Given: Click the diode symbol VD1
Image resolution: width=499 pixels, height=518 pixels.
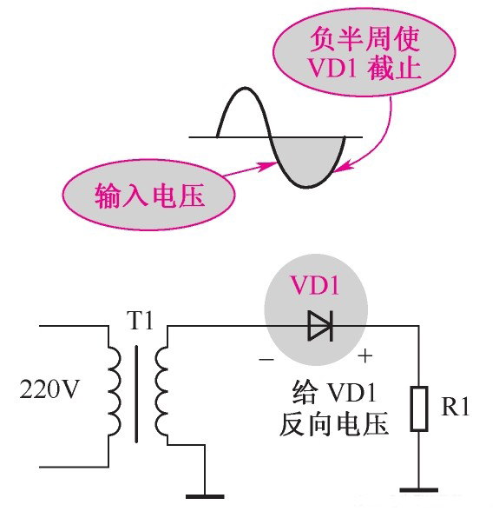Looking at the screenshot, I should [x=319, y=327].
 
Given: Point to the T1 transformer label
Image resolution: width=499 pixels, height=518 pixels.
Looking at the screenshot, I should [x=139, y=321].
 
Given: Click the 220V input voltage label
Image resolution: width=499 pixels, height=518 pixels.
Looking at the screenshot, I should [x=49, y=388].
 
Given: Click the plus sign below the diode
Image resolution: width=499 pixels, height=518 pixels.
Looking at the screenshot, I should [x=365, y=355].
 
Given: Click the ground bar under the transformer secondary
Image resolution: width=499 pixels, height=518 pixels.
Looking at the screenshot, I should [x=204, y=496].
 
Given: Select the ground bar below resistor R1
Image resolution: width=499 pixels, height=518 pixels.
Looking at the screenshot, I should [x=420, y=490].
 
